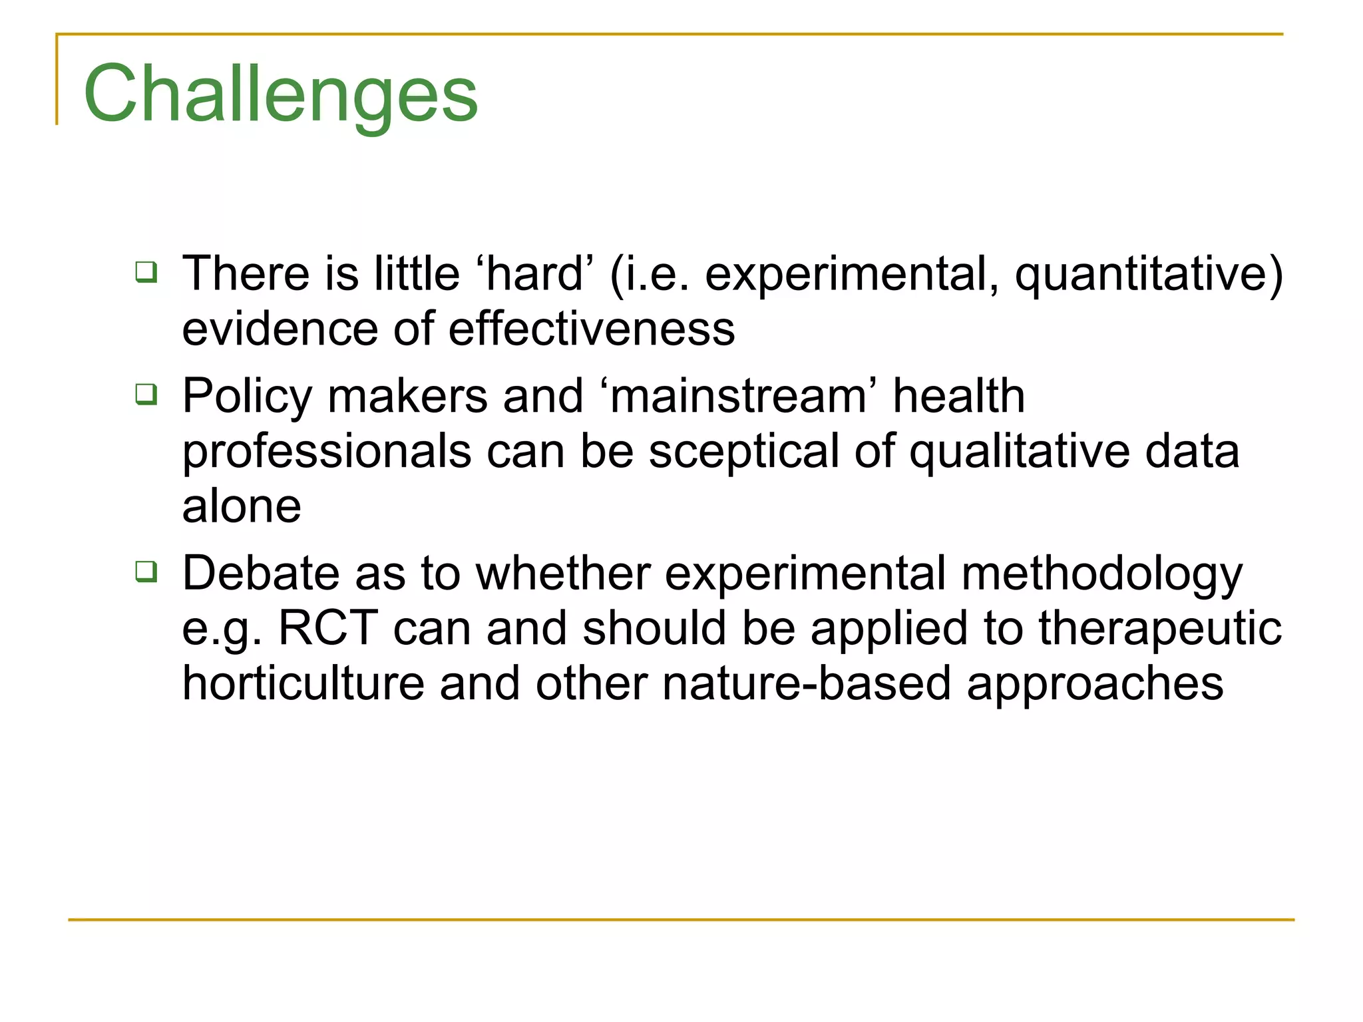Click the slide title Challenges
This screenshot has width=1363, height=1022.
(x=280, y=94)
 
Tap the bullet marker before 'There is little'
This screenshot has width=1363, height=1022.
(x=146, y=272)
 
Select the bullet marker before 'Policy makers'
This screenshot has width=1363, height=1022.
(x=146, y=394)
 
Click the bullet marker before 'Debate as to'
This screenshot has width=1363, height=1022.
(x=146, y=571)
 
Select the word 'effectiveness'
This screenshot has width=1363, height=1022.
(x=592, y=329)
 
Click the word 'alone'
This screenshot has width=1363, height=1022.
(x=242, y=506)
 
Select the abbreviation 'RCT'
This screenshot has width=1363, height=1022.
(x=328, y=628)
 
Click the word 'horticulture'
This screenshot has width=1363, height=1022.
(x=303, y=683)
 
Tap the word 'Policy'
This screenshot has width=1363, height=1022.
(x=247, y=398)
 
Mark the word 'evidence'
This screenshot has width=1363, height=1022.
(x=280, y=329)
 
